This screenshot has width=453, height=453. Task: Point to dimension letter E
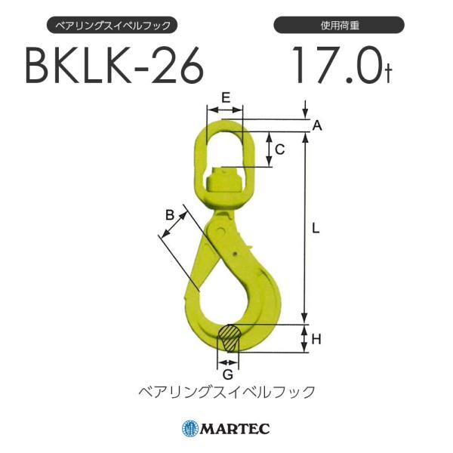(226, 97)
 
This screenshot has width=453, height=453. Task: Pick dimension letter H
(316, 340)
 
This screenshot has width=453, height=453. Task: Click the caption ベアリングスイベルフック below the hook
(226, 392)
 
